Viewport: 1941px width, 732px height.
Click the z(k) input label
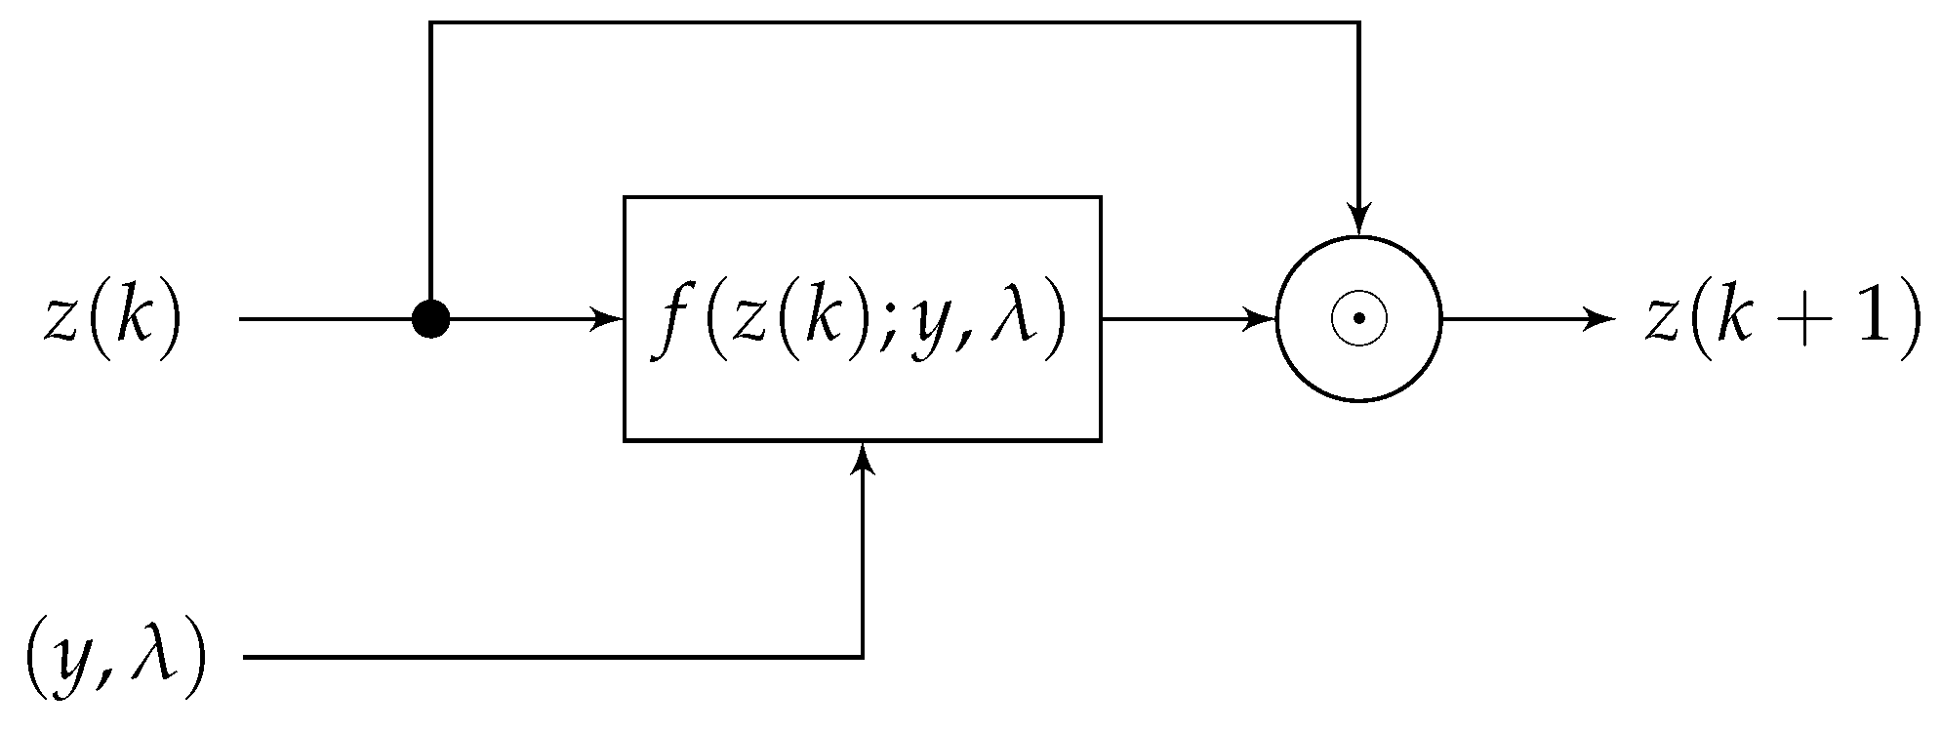point(113,318)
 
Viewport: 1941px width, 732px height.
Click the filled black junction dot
point(430,318)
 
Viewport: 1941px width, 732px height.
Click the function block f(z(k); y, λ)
point(863,318)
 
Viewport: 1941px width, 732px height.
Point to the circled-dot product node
point(1358,318)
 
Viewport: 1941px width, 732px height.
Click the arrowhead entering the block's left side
point(610,318)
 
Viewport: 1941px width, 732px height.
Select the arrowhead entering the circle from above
point(1358,221)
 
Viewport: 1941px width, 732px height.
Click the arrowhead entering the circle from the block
point(1263,318)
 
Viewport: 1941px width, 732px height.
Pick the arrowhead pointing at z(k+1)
point(1602,318)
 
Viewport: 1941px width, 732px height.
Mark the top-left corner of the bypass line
point(430,22)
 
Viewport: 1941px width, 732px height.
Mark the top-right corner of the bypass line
point(1358,22)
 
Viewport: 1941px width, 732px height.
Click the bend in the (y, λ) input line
point(863,658)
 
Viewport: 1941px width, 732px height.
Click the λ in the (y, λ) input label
point(157,658)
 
